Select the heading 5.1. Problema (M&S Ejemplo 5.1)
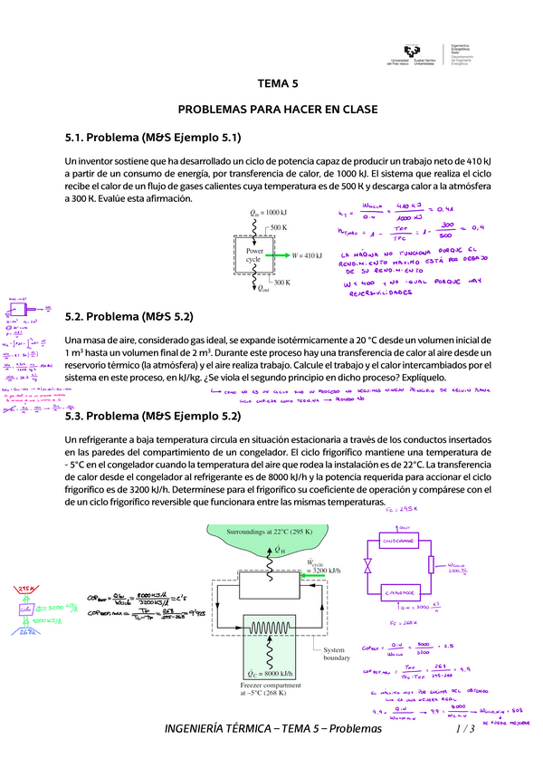point(153,138)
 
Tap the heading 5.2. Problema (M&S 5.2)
point(129,318)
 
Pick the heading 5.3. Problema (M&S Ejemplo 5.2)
point(153,417)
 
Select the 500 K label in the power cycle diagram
point(278,226)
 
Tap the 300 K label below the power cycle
point(281,283)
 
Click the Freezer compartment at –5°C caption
point(268,692)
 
